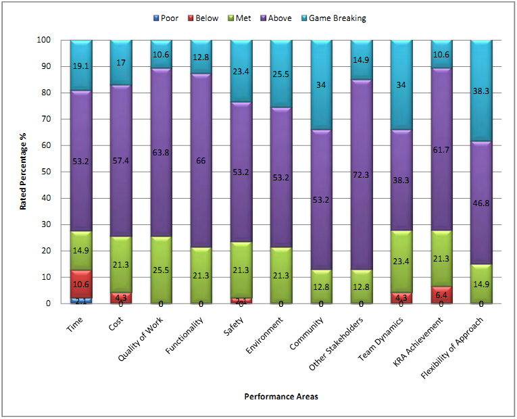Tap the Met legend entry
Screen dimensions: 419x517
[245, 18]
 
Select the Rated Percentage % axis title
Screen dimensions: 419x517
[23, 172]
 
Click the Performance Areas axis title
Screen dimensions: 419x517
[281, 397]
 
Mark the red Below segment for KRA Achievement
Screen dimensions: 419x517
[441, 295]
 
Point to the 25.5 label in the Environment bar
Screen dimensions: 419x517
[281, 74]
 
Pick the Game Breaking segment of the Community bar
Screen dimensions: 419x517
[322, 84]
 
